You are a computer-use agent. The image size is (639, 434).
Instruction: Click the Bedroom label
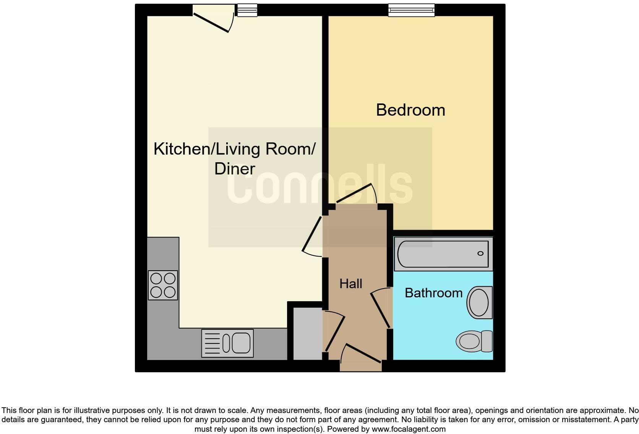click(410, 110)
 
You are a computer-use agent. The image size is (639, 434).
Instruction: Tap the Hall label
click(350, 284)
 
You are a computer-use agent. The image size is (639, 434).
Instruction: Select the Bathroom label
click(433, 293)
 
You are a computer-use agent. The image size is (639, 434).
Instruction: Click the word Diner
click(235, 169)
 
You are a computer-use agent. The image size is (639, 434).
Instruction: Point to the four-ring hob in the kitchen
click(163, 285)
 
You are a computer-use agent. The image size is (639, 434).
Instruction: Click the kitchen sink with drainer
click(227, 343)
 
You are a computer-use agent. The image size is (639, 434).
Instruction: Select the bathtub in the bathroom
click(443, 254)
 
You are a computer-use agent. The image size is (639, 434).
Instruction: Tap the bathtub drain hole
click(480, 253)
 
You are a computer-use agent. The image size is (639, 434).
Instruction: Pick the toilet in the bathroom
click(474, 341)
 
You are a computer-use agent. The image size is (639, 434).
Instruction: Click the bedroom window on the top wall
click(411, 10)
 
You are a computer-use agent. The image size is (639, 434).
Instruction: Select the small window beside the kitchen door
click(247, 10)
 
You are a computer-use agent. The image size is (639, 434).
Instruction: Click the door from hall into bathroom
click(381, 308)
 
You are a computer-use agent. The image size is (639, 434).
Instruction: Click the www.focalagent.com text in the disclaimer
click(408, 429)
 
